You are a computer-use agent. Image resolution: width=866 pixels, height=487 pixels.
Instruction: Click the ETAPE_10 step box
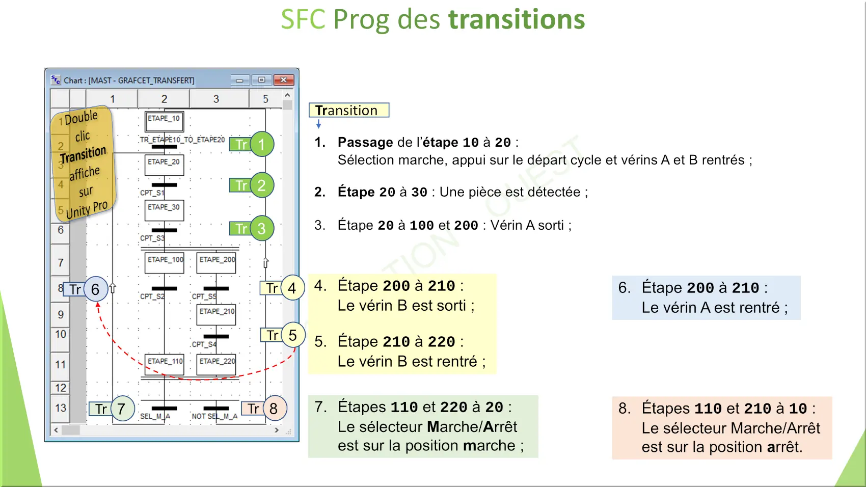(165, 121)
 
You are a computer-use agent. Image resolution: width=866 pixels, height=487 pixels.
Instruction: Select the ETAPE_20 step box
(165, 165)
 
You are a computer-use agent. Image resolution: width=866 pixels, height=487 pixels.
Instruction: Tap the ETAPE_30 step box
(165, 210)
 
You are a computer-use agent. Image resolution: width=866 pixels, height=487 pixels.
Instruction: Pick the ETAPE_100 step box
(165, 263)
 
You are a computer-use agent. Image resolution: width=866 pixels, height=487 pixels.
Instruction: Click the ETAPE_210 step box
(216, 315)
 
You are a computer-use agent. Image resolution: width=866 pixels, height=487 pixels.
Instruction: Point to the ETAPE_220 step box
(216, 364)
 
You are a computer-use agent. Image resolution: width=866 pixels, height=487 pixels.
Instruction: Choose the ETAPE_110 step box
(165, 364)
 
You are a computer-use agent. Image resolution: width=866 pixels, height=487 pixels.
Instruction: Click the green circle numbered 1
(262, 144)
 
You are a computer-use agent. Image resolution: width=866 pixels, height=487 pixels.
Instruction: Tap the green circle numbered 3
(262, 228)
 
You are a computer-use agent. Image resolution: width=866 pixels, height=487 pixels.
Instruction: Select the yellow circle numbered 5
(293, 335)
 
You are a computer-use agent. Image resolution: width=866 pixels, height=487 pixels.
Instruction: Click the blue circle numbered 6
(95, 289)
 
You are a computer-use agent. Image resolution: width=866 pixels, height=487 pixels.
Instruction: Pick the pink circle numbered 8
(274, 409)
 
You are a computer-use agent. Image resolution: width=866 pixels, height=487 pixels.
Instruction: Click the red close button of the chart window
(283, 79)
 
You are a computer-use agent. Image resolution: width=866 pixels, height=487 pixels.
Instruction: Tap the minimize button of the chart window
(240, 80)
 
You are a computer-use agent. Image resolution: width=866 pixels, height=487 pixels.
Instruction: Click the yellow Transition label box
(349, 110)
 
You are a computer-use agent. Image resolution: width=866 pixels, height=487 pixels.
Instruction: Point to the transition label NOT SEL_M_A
(214, 416)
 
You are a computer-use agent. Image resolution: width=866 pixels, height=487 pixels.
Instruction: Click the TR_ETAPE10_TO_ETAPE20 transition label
(182, 140)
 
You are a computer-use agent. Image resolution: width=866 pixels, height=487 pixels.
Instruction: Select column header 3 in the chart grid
(216, 99)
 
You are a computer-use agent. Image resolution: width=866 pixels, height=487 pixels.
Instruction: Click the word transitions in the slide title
(517, 19)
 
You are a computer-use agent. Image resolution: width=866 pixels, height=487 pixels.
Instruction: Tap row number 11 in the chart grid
(60, 364)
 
